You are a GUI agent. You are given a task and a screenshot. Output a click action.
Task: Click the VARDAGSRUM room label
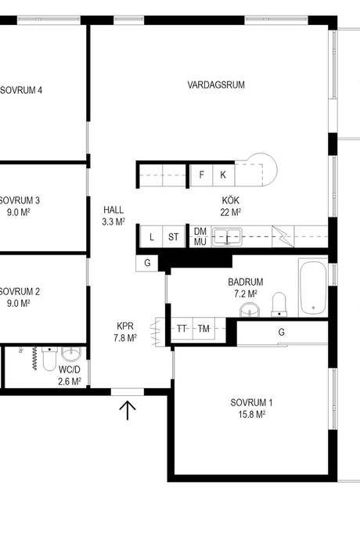[216, 85]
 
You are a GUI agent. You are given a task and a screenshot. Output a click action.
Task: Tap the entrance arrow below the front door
[128, 410]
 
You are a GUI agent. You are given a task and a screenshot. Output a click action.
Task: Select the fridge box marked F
[202, 175]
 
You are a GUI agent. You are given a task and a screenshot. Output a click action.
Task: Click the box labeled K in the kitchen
[223, 175]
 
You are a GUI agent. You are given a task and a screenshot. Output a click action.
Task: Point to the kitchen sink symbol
[227, 236]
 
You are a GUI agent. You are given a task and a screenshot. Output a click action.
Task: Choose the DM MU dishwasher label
[200, 236]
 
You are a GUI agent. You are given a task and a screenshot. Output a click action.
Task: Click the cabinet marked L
[152, 236]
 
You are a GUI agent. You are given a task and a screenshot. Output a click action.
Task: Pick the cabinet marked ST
[173, 236]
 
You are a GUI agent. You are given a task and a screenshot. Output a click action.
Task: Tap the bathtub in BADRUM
[313, 287]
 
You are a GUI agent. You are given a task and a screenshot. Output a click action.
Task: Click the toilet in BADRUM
[279, 304]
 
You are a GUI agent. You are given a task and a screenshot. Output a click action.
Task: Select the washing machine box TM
[203, 329]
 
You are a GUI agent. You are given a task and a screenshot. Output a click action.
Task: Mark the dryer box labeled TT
[182, 329]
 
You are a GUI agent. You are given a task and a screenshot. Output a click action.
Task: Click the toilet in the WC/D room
[50, 358]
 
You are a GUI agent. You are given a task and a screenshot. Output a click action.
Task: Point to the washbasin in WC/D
[71, 355]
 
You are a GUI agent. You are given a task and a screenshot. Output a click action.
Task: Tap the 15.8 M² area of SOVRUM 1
[252, 414]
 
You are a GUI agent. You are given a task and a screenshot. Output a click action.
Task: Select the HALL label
[113, 210]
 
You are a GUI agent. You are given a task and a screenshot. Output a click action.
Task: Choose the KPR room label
[125, 326]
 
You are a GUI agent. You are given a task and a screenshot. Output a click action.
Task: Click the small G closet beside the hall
[147, 263]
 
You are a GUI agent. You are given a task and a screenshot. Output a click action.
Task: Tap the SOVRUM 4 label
[21, 90]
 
